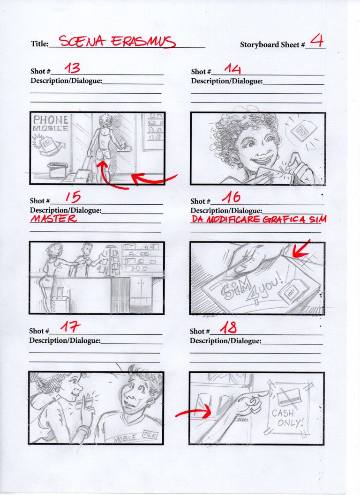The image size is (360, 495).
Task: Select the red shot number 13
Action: (72, 68)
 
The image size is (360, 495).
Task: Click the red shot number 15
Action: (72, 198)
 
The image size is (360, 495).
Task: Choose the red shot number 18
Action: (228, 328)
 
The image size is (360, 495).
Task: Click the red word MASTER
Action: (53, 219)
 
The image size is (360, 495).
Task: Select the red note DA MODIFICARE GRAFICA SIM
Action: (259, 219)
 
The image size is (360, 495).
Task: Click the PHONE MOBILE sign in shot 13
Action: (51, 123)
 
